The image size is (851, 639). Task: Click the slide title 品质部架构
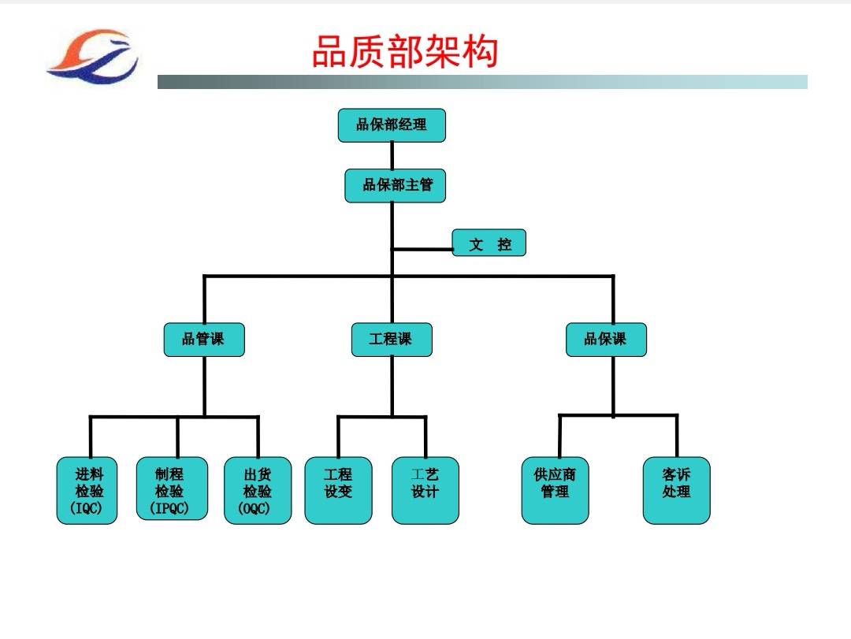coord(405,51)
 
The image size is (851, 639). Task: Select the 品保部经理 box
coord(392,125)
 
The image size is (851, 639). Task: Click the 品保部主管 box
coord(395,186)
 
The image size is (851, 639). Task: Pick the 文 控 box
coord(489,243)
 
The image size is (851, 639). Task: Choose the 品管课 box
coord(204,340)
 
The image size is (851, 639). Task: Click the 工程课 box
coord(392,340)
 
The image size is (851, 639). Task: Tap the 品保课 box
coord(606,340)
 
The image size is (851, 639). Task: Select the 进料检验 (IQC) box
coord(87,491)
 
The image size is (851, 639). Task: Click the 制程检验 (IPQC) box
coord(172,489)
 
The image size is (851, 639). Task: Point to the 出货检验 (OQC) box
coord(258,491)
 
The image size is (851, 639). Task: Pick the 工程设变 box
coord(339,491)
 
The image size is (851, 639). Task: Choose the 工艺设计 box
coord(425,491)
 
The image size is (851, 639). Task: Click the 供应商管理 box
coord(556,491)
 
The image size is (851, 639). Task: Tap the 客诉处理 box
coord(677,491)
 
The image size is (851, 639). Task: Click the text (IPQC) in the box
coord(169,508)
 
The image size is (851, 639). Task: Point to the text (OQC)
coord(254,509)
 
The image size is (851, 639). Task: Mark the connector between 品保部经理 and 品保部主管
coord(392,156)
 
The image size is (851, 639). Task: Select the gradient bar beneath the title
coord(482,82)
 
